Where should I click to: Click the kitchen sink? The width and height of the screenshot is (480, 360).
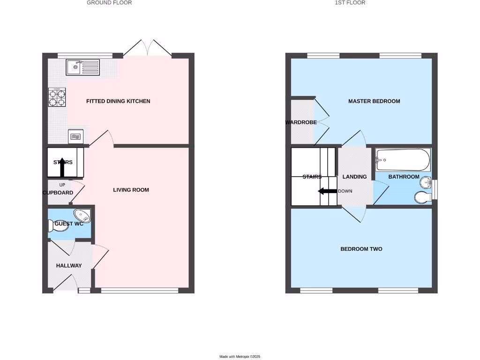click(82, 67)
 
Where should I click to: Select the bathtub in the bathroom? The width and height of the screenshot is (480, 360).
click(403, 160)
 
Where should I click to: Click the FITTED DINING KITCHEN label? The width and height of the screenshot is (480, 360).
click(118, 101)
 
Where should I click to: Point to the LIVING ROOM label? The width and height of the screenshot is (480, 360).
click(131, 190)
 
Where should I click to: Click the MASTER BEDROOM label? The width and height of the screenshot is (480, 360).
click(374, 101)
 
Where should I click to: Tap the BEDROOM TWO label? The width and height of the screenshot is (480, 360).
click(361, 249)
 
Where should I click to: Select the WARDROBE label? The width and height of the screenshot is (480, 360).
click(301, 122)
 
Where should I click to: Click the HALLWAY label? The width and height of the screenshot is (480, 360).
click(69, 266)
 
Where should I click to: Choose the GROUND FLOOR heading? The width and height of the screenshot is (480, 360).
click(109, 3)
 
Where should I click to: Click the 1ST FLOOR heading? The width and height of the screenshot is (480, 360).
click(350, 3)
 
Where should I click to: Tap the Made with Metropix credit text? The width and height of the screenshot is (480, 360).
click(240, 357)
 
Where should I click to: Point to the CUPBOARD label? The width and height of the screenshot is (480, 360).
click(58, 193)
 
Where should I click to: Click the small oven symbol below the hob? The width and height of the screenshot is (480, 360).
click(75, 136)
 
